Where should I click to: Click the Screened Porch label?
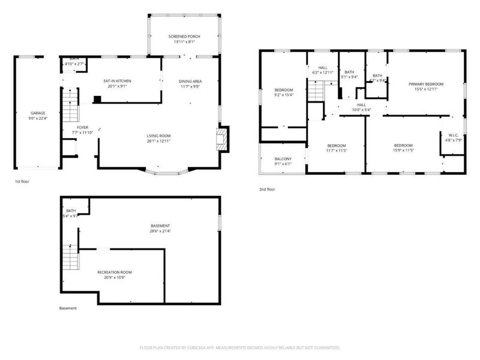coord(184,37)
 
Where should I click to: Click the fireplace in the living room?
coord(223,137)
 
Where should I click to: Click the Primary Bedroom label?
coord(426,84)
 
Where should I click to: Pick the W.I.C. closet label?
coord(453,134)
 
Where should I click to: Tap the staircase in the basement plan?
coord(71,259)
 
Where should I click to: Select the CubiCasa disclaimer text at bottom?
coord(240,347)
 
